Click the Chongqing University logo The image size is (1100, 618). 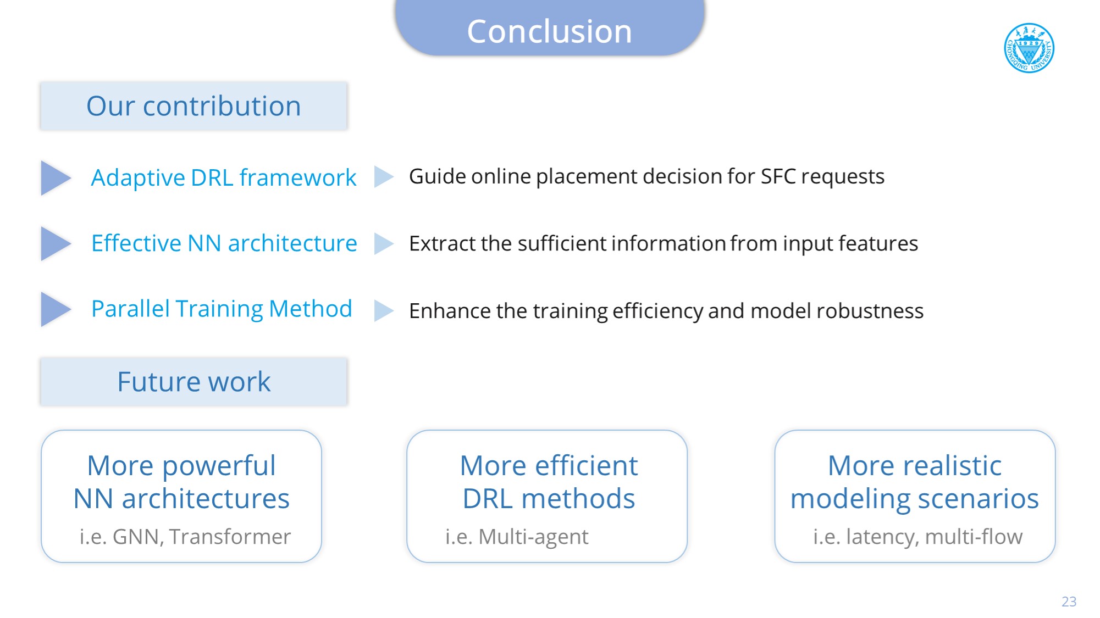(x=1029, y=48)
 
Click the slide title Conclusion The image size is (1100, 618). (x=550, y=31)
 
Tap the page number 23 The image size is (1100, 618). (x=1069, y=602)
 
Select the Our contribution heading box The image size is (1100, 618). (x=194, y=106)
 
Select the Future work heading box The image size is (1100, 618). (x=194, y=382)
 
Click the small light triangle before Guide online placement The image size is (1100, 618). (x=384, y=177)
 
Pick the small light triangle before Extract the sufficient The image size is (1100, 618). (x=384, y=244)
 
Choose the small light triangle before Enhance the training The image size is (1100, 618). (x=384, y=310)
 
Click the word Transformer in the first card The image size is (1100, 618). (x=230, y=537)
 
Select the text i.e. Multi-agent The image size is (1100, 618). (x=517, y=537)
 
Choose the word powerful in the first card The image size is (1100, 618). (x=219, y=466)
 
